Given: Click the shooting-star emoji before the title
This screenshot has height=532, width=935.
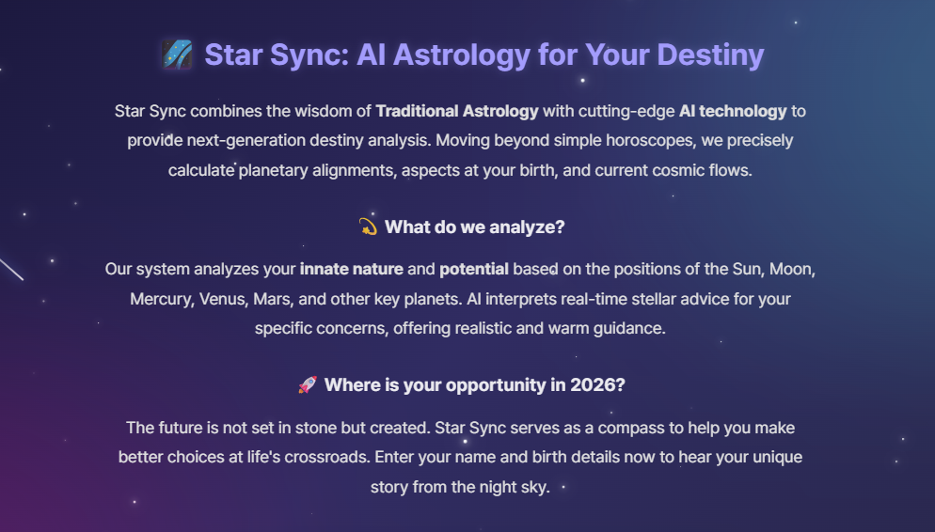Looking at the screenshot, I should pos(177,55).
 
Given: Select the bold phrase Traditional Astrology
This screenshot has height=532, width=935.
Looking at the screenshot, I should pos(457,111).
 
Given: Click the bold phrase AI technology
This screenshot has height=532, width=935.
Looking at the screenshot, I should pos(733,111).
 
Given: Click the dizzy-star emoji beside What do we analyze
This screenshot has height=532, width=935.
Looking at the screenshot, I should pos(368,227).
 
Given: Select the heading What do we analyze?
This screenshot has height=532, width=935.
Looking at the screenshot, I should pos(475,227).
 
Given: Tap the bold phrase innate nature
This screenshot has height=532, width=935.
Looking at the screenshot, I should pos(352,269).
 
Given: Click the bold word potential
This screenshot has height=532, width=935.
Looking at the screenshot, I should pos(474,269).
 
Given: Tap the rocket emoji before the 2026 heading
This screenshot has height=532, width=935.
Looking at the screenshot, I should pos(307,385).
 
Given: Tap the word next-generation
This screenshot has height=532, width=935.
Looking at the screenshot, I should pos(248,141).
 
